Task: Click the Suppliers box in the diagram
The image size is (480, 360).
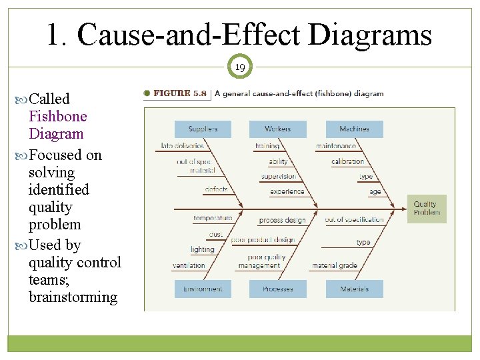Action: (203, 129)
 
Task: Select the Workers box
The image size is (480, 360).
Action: (277, 129)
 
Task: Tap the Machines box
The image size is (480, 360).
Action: (354, 129)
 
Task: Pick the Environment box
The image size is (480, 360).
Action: (203, 289)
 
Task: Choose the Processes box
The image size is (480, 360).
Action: (277, 289)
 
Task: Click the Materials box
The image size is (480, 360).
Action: (354, 289)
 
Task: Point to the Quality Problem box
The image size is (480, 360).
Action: (427, 209)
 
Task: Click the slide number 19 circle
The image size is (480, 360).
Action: (240, 67)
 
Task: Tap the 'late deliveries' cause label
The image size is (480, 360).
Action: (182, 146)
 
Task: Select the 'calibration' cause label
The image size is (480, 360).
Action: (348, 161)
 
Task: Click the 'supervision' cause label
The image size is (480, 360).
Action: (279, 177)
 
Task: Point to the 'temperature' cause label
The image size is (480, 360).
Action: (213, 218)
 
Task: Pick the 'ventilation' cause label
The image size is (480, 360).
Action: (189, 265)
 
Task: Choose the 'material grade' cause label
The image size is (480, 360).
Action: (335, 265)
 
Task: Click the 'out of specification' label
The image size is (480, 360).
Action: (355, 219)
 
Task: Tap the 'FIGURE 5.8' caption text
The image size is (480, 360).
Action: (181, 94)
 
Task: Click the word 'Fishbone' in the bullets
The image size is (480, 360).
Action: (58, 116)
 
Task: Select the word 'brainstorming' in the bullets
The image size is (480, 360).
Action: (73, 297)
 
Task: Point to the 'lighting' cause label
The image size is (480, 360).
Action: (203, 249)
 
